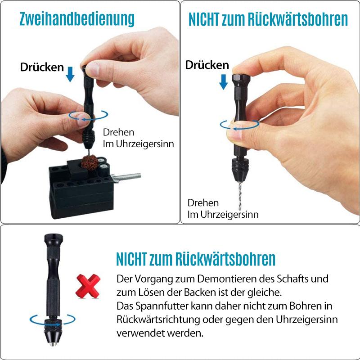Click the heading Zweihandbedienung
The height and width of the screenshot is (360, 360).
pyautogui.click(x=77, y=19)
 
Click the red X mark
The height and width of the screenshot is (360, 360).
pyautogui.click(x=88, y=286)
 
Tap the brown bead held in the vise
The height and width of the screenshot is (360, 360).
pyautogui.click(x=90, y=163)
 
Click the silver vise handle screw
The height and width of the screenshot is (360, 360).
pyautogui.click(x=127, y=177)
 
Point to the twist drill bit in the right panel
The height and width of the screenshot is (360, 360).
pyautogui.click(x=240, y=196)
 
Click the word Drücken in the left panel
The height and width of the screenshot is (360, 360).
pyautogui.click(x=42, y=67)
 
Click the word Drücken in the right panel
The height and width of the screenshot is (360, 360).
pyautogui.click(x=207, y=65)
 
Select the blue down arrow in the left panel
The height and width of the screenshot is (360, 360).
pyautogui.click(x=70, y=74)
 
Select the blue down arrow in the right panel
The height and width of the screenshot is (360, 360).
pyautogui.click(x=223, y=82)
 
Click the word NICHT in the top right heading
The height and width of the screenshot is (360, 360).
pyautogui.click(x=204, y=19)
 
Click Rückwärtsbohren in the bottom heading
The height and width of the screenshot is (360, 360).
pyautogui.click(x=225, y=259)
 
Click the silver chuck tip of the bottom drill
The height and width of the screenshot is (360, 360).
pyautogui.click(x=53, y=344)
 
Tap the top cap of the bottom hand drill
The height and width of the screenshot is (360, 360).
pyautogui.click(x=54, y=240)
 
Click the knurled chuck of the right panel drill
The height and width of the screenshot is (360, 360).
pyautogui.click(x=240, y=170)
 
